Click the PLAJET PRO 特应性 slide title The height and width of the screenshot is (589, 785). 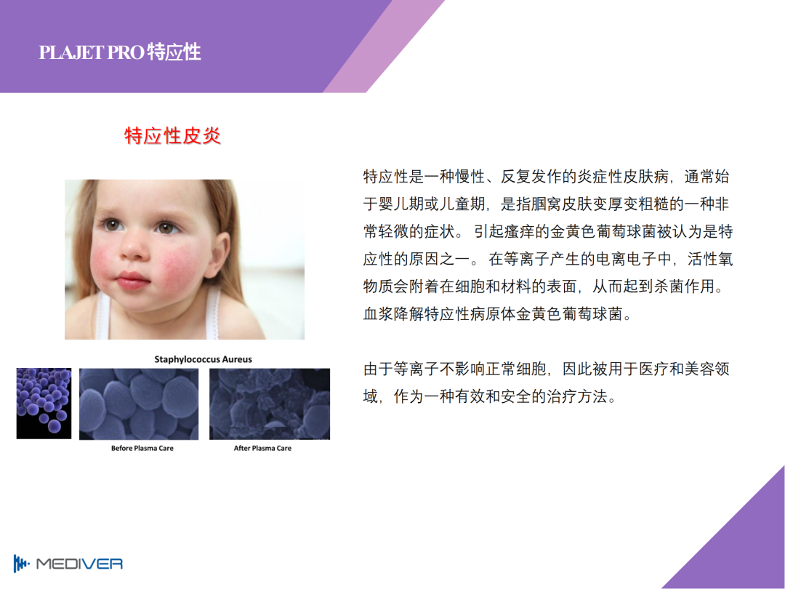pos(120,52)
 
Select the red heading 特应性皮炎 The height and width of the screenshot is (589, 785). pos(173,136)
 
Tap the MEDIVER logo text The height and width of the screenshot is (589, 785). pos(80,564)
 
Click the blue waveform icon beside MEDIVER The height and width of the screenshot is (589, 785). pos(21,564)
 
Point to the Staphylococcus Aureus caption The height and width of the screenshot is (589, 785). pos(203,359)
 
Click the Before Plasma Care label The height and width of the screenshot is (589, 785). pos(142,448)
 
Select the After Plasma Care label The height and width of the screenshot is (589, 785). pos(262,448)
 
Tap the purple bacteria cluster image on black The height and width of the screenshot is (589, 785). pos(44,404)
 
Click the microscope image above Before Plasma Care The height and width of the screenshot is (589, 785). pos(139,404)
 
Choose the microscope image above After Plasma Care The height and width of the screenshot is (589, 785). pos(270,404)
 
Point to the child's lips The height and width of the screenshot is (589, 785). pos(132,280)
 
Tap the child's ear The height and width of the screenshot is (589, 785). pos(220,250)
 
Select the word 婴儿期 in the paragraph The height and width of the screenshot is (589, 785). pos(402,204)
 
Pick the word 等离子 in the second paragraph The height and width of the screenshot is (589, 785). pos(416,369)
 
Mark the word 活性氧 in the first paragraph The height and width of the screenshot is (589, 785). pos(710,259)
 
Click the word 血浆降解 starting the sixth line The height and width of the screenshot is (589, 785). pos(393,314)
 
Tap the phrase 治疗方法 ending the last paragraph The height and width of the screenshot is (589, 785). pos(577,397)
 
